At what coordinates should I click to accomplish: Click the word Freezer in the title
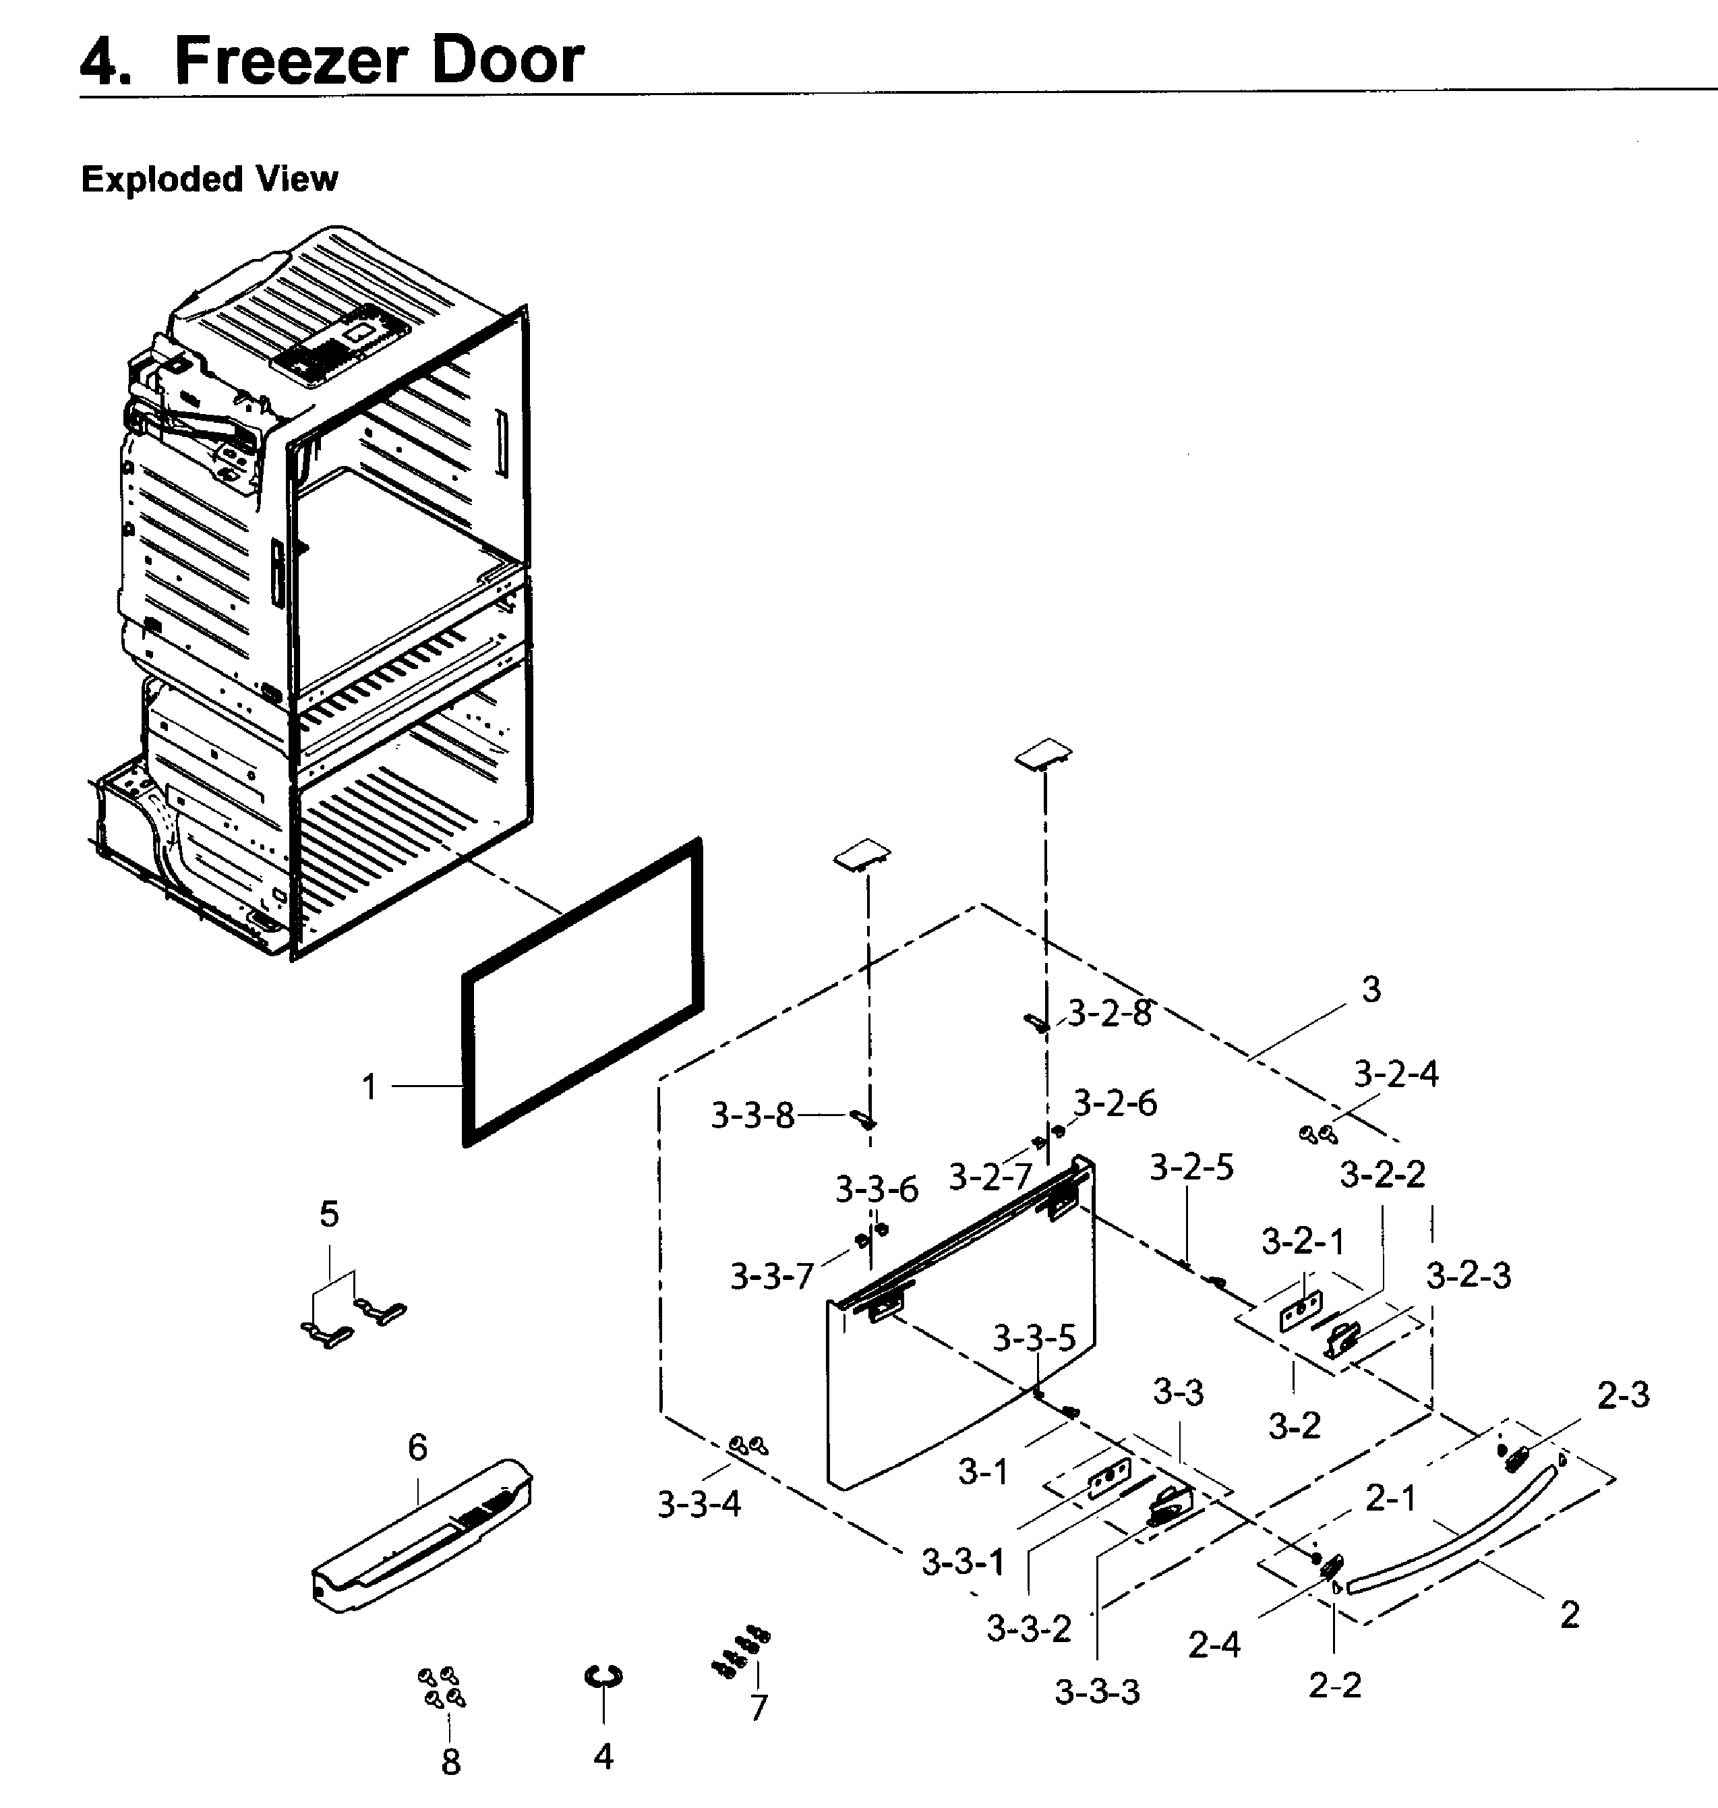coord(291,61)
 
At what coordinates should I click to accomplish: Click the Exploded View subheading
coord(209,179)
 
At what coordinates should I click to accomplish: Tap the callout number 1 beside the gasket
coord(369,1087)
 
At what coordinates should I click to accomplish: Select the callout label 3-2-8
coord(1110,1013)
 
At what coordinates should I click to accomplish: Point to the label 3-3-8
coord(752,1115)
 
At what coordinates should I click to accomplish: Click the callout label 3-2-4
coord(1396,1074)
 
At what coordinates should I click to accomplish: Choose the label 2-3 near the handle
coord(1623,1395)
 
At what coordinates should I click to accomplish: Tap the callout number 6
coord(417,1447)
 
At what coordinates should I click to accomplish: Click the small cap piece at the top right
coord(1043,755)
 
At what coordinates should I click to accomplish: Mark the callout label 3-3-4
coord(699,1504)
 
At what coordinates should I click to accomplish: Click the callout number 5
coord(329,1215)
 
